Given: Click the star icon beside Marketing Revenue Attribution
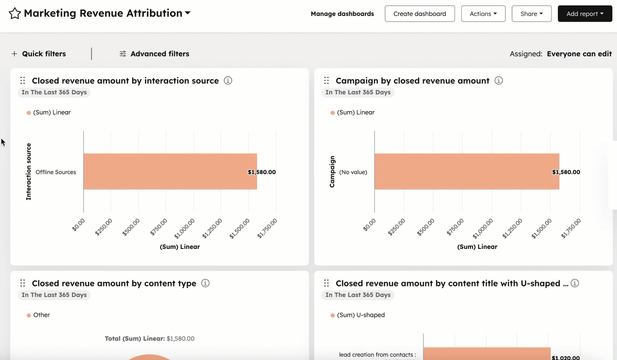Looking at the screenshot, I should click(15, 14).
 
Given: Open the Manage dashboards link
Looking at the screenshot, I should click(342, 14).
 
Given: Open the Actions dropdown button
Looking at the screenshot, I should click(483, 14).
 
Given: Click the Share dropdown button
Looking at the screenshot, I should click(531, 14).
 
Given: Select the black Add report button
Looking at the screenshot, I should click(585, 14).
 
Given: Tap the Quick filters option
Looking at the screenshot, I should click(39, 54).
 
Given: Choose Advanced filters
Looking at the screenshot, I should click(154, 54).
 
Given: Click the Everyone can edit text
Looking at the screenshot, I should click(579, 54).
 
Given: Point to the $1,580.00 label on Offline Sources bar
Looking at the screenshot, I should click(262, 172).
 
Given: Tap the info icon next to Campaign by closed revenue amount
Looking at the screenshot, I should click(498, 81).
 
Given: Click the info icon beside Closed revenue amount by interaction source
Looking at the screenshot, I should click(228, 81).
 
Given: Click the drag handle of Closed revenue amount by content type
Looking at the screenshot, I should click(23, 283).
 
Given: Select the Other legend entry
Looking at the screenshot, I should click(41, 315).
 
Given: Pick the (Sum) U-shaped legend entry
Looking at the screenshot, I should click(360, 315).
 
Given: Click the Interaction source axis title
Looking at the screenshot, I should click(29, 172).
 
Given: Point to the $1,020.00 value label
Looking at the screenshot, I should click(565, 357).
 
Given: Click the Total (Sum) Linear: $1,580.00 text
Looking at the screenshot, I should click(150, 339).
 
